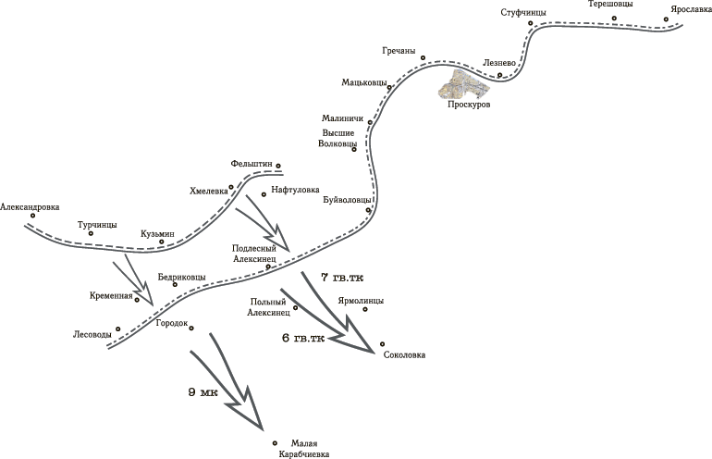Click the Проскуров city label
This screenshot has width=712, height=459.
click(469, 104)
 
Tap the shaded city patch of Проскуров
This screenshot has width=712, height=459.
click(464, 84)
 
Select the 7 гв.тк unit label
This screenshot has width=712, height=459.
click(342, 278)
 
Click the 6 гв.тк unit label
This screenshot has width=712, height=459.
click(303, 338)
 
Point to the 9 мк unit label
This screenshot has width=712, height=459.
click(203, 392)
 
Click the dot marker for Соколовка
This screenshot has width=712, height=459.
click(382, 344)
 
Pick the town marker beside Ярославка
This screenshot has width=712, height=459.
click(666, 19)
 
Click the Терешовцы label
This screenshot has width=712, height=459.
click(610, 4)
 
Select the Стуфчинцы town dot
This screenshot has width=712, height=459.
click(530, 23)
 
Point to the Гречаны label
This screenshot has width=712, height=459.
click(399, 51)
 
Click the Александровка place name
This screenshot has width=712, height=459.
click(30, 207)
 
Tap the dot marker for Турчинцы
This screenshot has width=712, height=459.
click(91, 233)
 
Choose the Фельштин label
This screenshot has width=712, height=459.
click(252, 163)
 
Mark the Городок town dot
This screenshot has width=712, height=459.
click(191, 329)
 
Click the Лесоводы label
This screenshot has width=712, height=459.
click(92, 335)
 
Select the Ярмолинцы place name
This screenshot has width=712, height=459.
click(361, 301)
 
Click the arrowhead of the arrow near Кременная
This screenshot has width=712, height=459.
click(148, 295)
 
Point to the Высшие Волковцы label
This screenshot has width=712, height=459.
click(338, 139)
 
